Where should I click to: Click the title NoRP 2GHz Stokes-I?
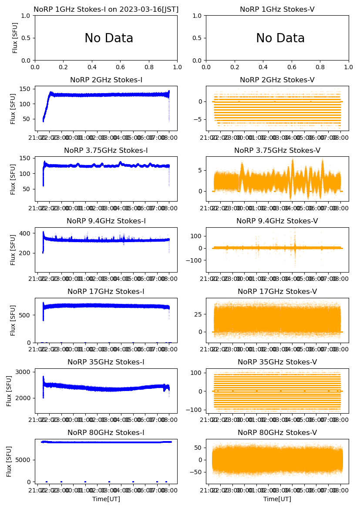pos(106,80)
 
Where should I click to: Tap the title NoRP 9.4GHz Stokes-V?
pos(277,221)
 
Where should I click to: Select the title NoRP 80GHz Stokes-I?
pos(106,433)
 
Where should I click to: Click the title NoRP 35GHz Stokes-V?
pos(277,362)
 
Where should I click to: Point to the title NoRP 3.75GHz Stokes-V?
pos(277,151)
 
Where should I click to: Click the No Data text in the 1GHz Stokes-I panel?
pos(109,38)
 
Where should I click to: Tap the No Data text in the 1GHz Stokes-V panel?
pos(280,38)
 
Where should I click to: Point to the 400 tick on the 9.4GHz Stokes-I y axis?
pos(27,234)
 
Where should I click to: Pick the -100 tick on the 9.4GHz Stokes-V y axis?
pos(195,260)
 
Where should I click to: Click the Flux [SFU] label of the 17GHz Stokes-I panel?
pos(13,320)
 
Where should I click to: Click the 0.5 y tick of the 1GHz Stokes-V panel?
pos(198,38)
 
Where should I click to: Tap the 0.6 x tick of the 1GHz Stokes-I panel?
pos(121,67)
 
